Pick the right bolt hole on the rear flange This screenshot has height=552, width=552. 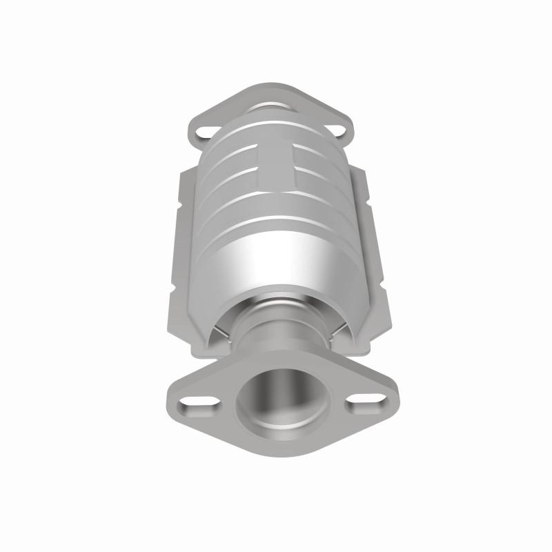336,129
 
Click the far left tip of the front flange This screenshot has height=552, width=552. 169,397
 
